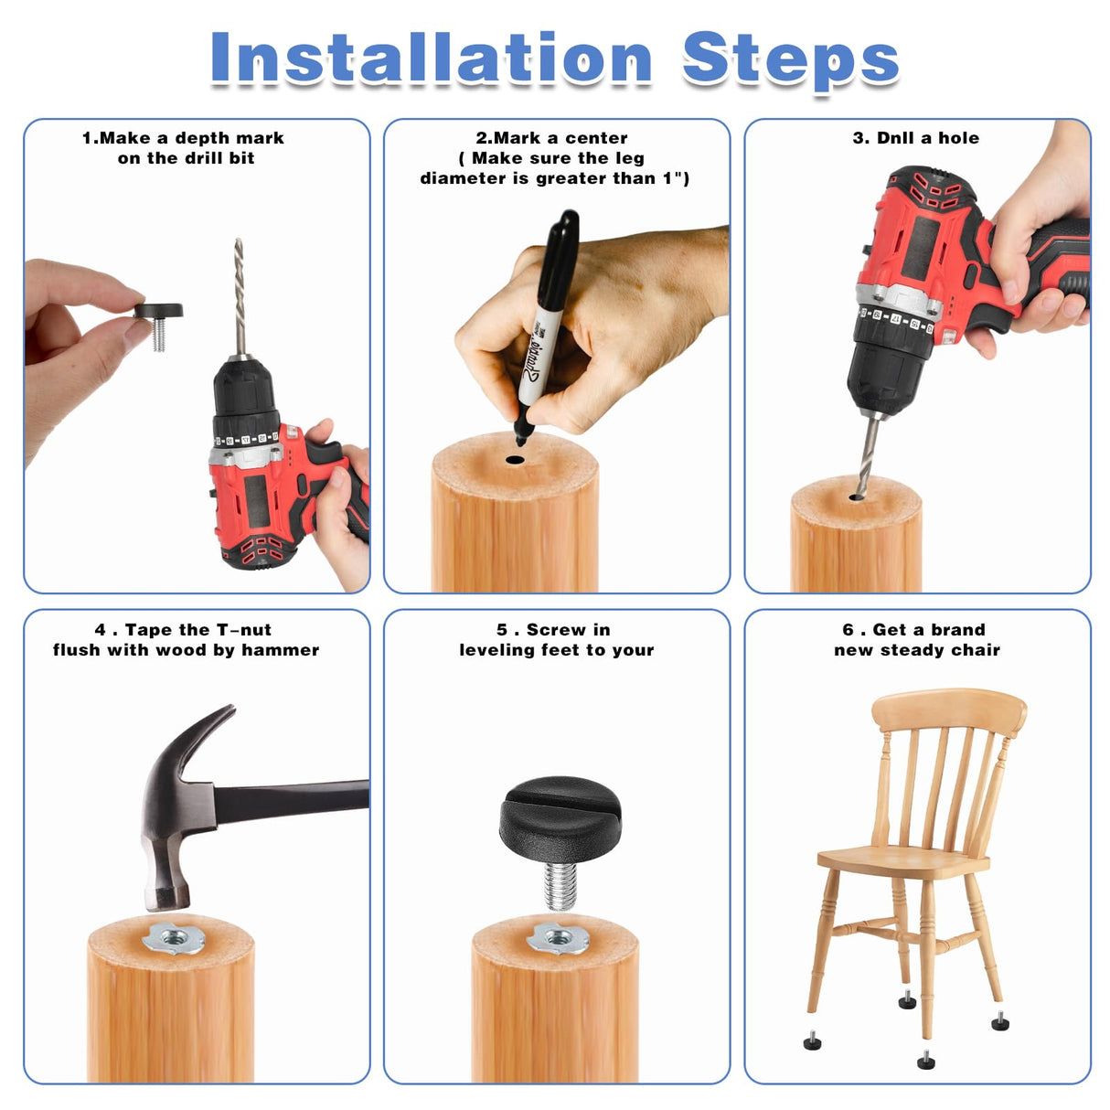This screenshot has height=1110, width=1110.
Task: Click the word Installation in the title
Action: click(431, 59)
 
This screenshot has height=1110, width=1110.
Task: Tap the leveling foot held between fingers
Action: click(158, 315)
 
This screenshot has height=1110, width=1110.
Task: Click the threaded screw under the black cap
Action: click(560, 884)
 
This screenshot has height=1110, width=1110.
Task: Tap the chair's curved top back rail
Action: click(949, 710)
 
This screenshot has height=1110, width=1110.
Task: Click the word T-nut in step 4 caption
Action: click(243, 630)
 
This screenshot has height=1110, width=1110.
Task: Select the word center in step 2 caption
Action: click(595, 138)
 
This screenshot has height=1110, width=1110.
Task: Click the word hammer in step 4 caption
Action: click(280, 650)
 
